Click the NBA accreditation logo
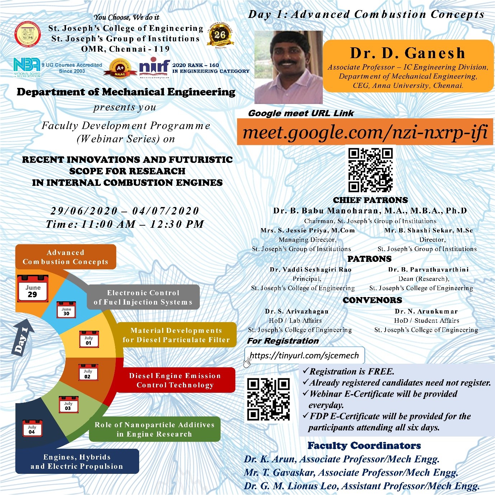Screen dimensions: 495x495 [27, 67]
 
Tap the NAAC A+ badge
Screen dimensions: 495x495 [120, 67]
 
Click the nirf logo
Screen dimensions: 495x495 [154, 67]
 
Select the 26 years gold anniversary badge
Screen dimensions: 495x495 [220, 35]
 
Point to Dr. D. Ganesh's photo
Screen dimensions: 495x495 [288, 67]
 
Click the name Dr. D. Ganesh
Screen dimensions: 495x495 [407, 53]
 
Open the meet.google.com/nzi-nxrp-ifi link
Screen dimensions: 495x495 [365, 132]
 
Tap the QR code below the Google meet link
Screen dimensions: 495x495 [371, 170]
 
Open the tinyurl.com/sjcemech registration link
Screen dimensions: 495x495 [304, 355]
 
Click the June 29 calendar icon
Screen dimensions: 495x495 [33, 289]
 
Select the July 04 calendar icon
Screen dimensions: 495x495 [32, 428]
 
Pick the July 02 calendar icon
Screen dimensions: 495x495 [88, 372]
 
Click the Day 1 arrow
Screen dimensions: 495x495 [23, 339]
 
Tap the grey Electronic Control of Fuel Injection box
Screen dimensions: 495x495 [143, 297]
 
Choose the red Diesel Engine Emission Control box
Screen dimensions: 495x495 [175, 380]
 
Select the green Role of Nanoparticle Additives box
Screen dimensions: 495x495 [154, 429]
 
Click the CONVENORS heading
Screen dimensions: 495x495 [372, 300]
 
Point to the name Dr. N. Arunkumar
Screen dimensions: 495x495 [426, 311]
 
